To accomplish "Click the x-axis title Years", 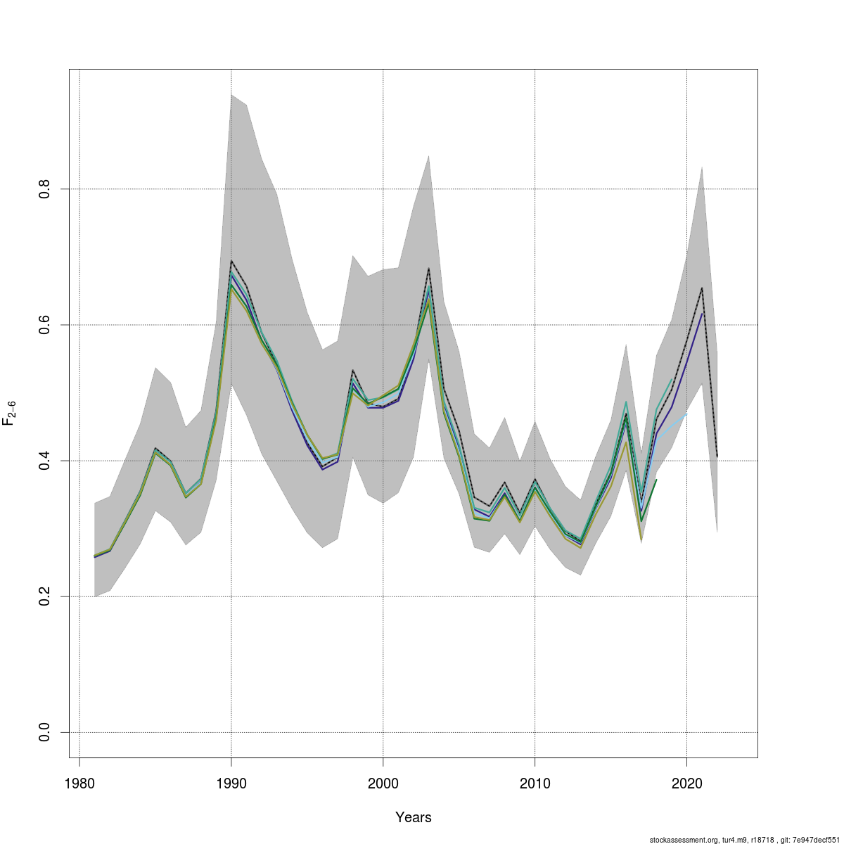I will pos(414,817).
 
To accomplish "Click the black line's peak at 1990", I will pos(231,261).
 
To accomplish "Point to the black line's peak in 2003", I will pos(428,268).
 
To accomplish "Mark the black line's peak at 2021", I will pos(702,288).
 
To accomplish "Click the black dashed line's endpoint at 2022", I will pos(717,456).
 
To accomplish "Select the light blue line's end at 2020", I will pos(686,414).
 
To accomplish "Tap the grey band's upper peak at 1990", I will pos(231,94).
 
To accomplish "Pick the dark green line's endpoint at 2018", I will pos(656,480).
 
